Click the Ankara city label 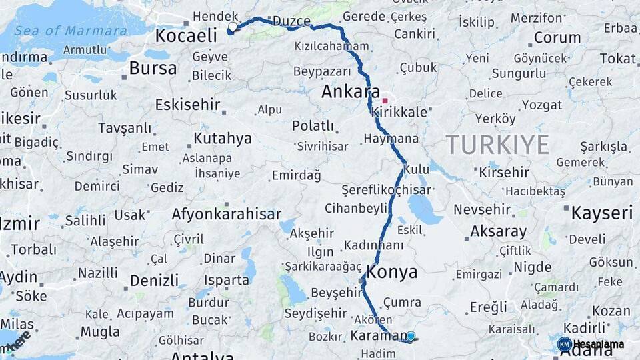coord(350,92)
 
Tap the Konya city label coord(392,272)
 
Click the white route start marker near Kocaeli coord(233,27)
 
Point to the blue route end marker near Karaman coord(411,337)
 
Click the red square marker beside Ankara coord(385,101)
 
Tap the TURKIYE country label coord(497,144)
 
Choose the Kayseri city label coord(599,213)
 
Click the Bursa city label coord(153,68)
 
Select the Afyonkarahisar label coord(225,215)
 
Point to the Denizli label coord(154,280)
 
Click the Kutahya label coord(223,139)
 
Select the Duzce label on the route coord(292,21)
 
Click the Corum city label coord(557,38)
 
